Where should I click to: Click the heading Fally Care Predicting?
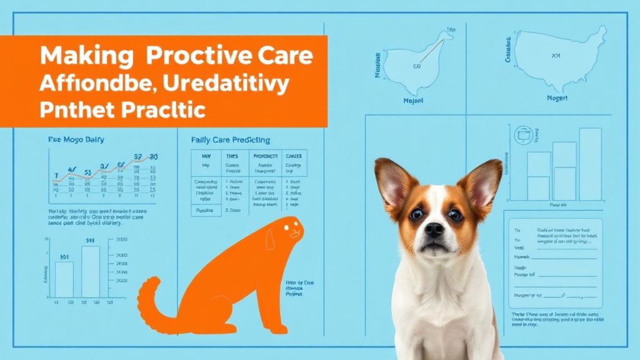(231, 140)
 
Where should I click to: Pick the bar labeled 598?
(91, 271)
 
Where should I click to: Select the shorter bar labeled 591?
(64, 278)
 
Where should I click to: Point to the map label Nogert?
(557, 98)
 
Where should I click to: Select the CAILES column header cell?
(293, 157)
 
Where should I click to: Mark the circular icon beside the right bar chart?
(521, 134)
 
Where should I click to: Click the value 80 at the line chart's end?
(154, 157)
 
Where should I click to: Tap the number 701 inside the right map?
(556, 56)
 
